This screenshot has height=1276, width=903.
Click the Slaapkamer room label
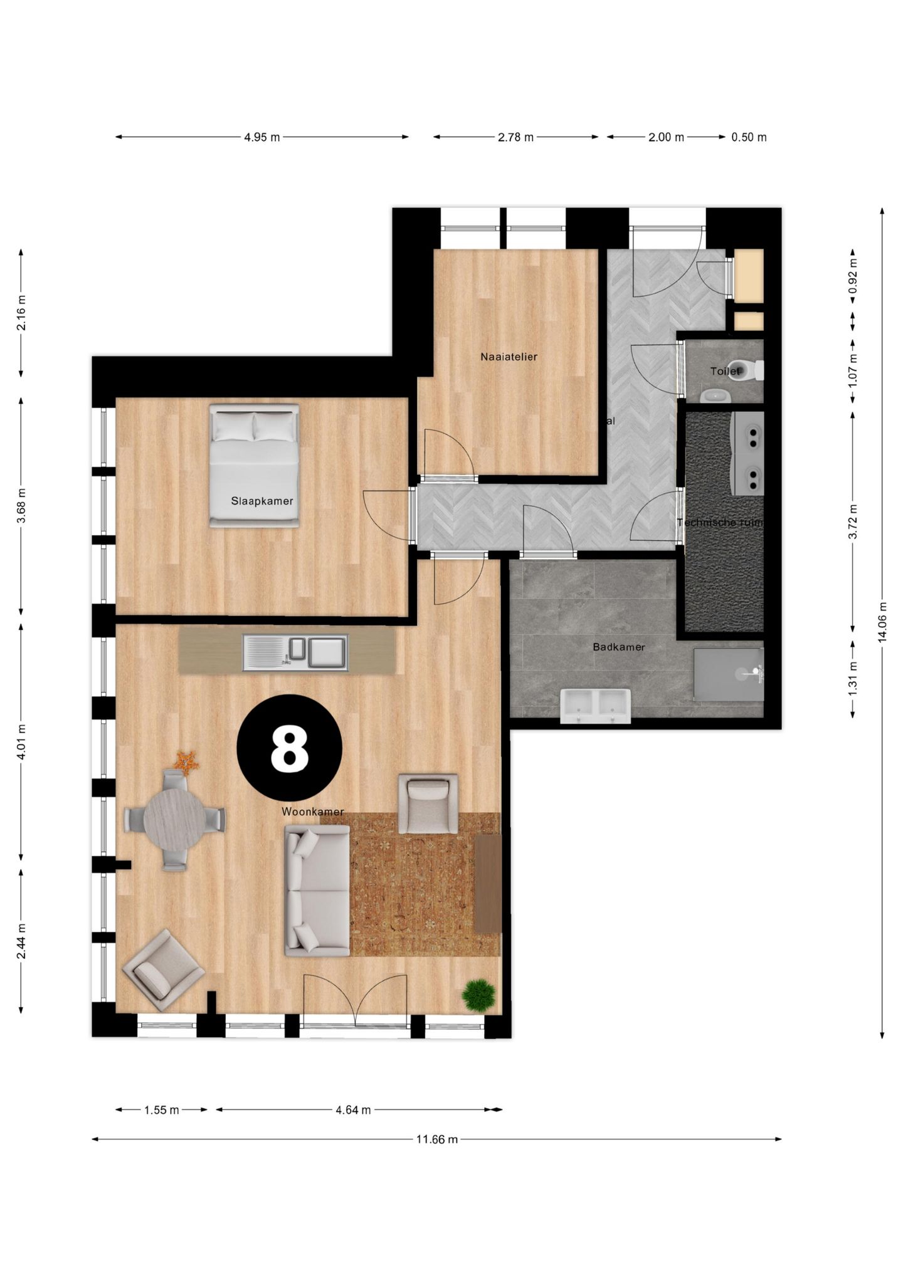point(262,501)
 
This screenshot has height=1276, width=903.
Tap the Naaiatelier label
point(509,357)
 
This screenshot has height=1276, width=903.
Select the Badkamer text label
point(619,647)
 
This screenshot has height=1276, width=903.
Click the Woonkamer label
point(312,812)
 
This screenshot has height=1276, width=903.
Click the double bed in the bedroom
point(254,465)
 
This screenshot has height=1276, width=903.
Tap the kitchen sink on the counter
point(295,652)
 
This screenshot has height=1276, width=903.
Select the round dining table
point(174,819)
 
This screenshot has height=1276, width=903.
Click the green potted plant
point(478,995)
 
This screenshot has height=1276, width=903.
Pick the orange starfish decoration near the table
point(186,761)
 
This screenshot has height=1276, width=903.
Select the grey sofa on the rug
point(317,889)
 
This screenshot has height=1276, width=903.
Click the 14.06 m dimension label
point(882,622)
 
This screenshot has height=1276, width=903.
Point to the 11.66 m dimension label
point(437,1139)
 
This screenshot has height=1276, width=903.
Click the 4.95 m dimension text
point(262,137)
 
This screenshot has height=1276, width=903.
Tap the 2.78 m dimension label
point(515,137)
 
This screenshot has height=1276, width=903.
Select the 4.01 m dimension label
point(21,742)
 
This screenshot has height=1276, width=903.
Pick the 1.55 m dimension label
point(162,1110)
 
